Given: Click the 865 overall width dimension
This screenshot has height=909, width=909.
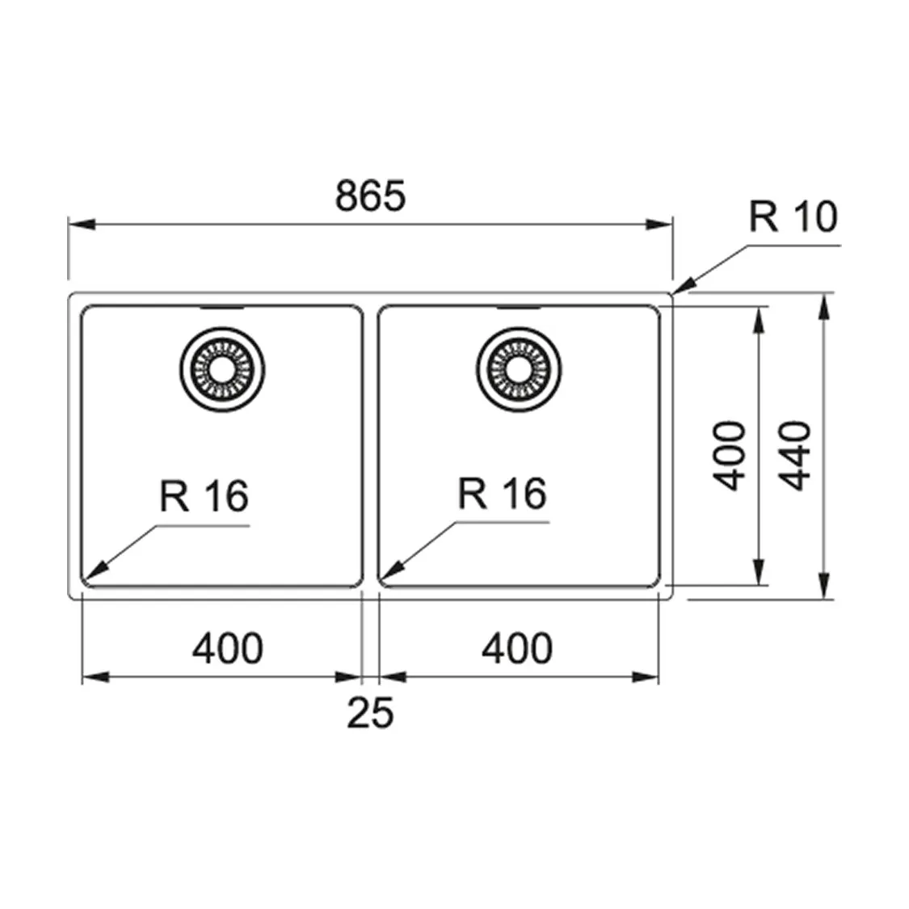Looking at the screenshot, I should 369,196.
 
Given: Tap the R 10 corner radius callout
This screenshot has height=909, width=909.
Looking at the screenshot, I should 793,217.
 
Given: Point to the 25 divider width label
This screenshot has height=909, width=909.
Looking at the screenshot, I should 370,713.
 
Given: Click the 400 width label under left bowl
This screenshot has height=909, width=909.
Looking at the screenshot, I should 228,648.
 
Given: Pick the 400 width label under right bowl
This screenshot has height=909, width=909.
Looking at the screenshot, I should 518,648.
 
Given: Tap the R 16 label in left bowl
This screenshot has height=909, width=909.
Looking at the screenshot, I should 204,495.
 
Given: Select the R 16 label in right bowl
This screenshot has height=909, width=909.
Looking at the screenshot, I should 502,493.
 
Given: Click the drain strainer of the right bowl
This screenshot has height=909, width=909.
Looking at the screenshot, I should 515,368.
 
